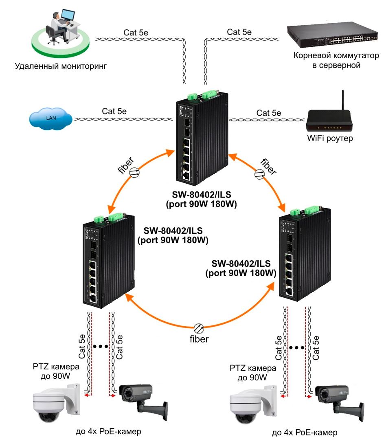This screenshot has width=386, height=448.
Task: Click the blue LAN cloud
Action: tap(50, 118)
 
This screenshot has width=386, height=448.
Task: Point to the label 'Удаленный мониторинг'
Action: tap(61, 66)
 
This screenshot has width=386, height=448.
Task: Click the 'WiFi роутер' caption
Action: tap(330, 138)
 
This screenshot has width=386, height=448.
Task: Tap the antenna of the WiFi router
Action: tap(343, 100)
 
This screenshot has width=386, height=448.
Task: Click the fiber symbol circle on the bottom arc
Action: tap(199, 328)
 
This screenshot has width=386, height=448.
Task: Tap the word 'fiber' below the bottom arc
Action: tap(199, 339)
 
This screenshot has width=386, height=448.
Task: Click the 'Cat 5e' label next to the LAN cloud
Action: tap(114, 111)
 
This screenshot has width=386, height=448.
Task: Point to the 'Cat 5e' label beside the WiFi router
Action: tap(269, 113)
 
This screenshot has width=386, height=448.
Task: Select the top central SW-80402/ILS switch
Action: tap(202, 138)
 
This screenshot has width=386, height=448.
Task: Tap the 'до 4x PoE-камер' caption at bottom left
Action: tap(108, 431)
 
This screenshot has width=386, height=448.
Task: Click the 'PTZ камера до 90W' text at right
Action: tap(252, 373)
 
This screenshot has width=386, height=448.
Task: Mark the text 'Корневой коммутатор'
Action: tap(336, 55)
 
